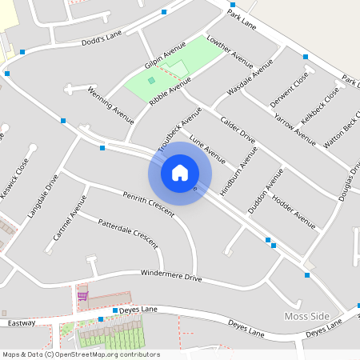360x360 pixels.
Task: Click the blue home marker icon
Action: [180, 173]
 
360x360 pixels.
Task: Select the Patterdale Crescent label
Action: [127, 233]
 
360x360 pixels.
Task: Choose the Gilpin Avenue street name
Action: [165, 58]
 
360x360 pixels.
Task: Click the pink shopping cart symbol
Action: [82, 296]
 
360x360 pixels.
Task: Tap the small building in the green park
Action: [151, 80]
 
